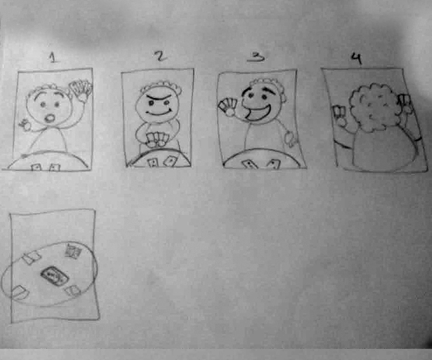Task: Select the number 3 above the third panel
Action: (256, 56)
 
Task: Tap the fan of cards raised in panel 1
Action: (81, 87)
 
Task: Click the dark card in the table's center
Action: (54, 276)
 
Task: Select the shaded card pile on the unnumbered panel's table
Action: (73, 251)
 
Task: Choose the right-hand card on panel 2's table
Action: (171, 161)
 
